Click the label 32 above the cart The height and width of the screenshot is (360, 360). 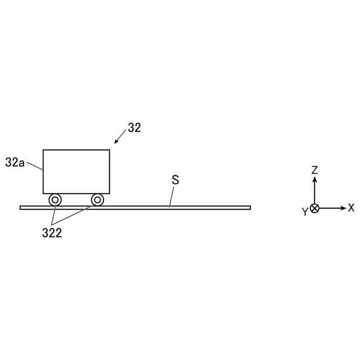pyautogui.click(x=134, y=128)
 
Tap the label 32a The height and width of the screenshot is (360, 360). pyautogui.click(x=15, y=163)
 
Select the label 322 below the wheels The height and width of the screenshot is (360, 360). pyautogui.click(x=52, y=233)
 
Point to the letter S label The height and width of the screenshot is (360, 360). pyautogui.click(x=175, y=180)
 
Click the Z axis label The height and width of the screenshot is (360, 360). pyautogui.click(x=314, y=170)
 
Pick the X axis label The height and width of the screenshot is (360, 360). pyautogui.click(x=351, y=208)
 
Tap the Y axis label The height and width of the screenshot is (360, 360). pyautogui.click(x=305, y=211)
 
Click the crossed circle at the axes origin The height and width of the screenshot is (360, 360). pyautogui.click(x=314, y=209)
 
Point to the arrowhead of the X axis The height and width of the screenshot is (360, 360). pyautogui.click(x=343, y=208)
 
